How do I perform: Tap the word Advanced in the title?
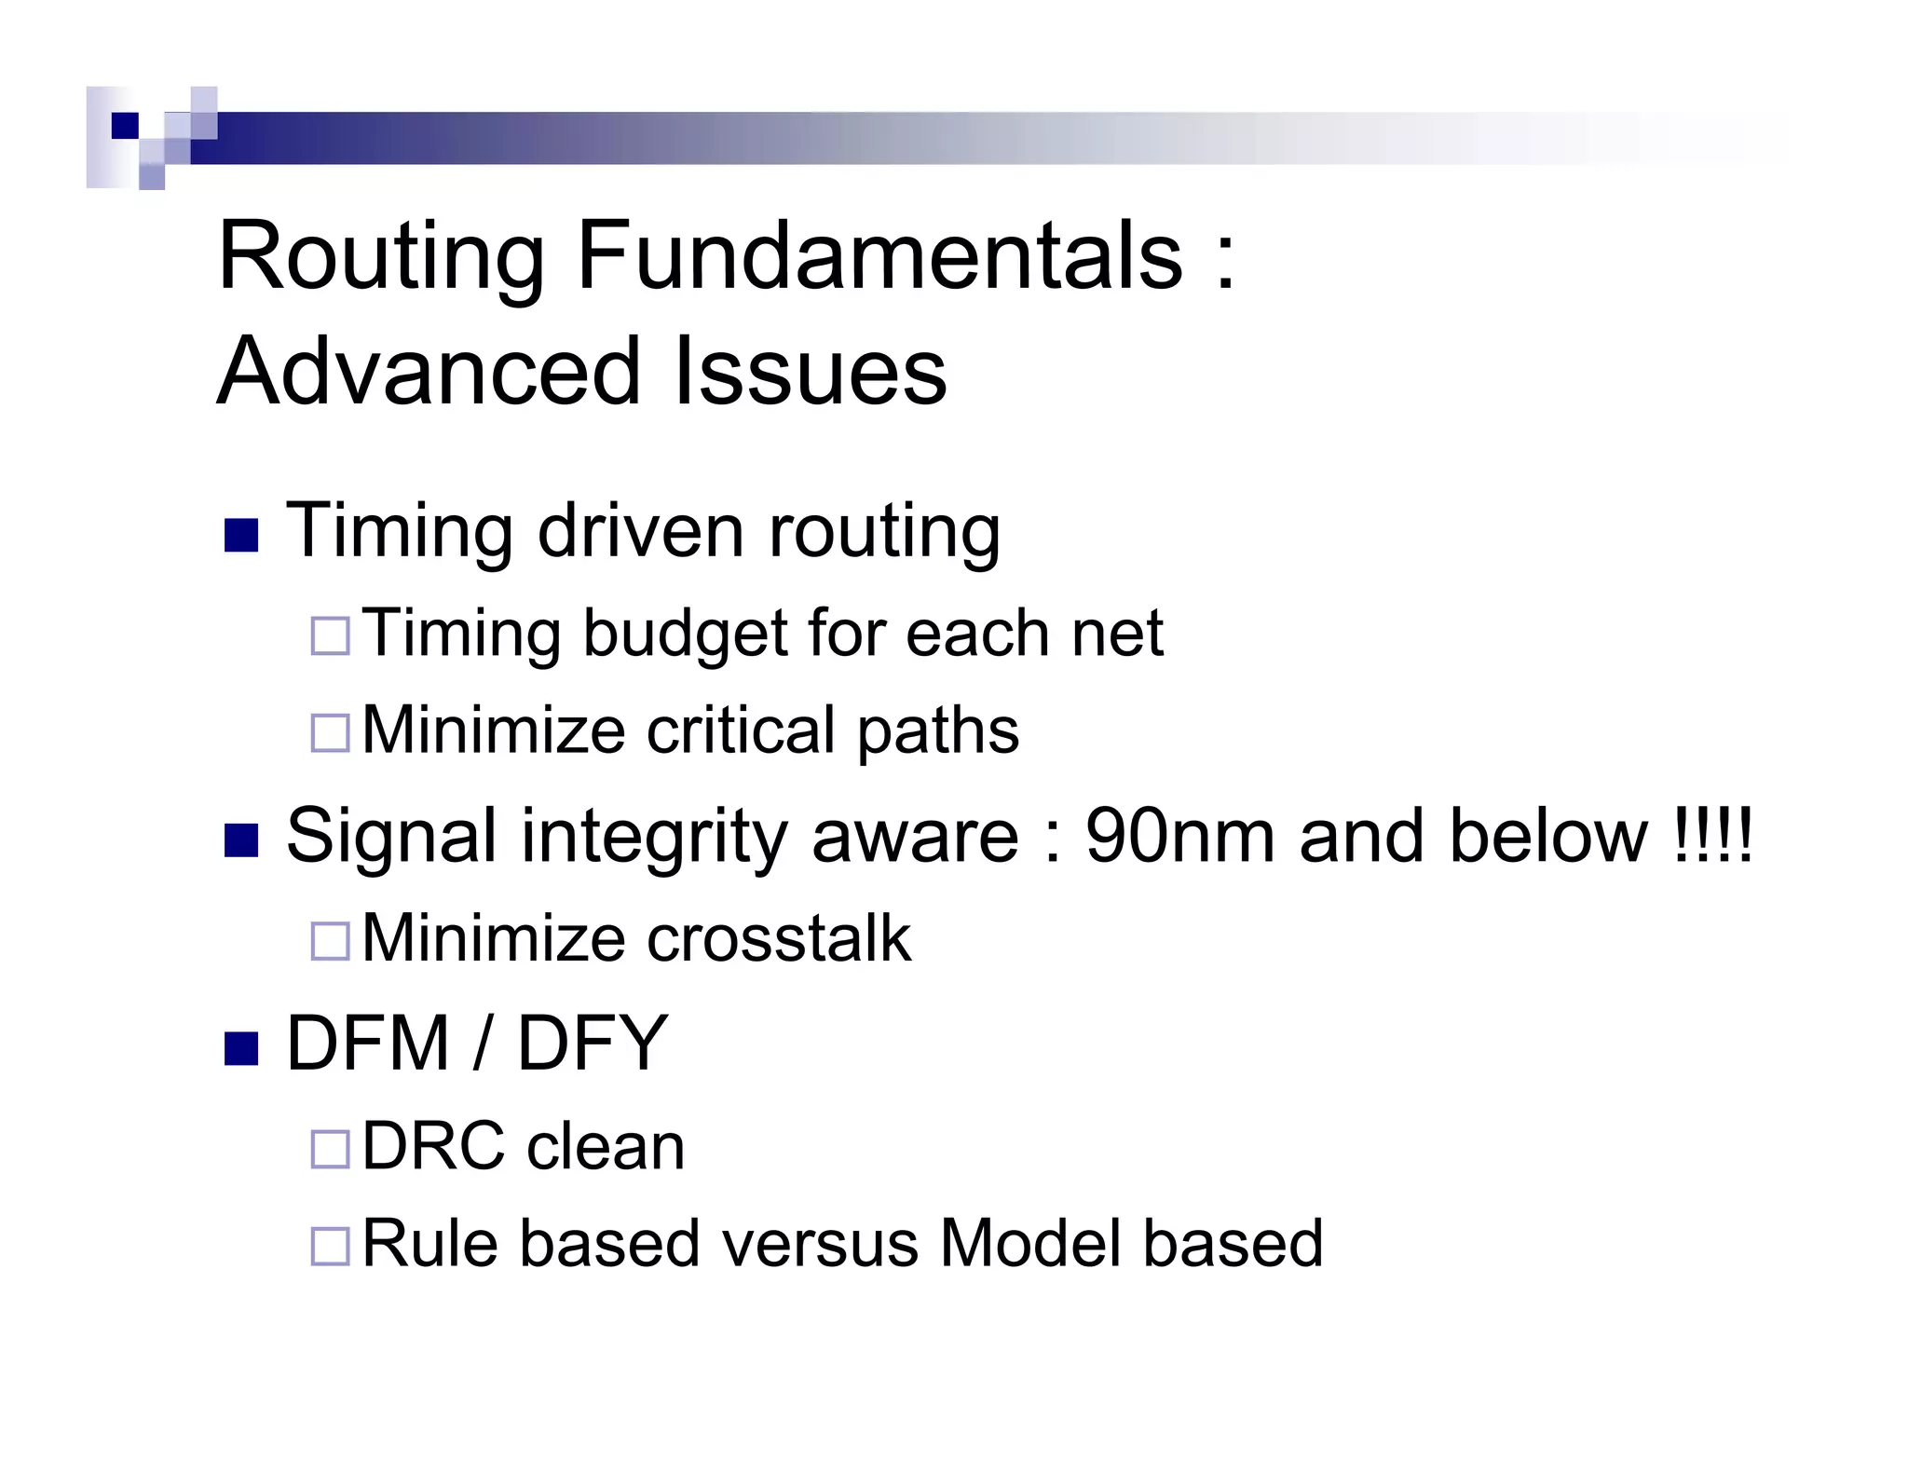coord(429,372)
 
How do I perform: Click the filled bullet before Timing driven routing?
coord(241,535)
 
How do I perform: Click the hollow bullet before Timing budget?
coord(330,635)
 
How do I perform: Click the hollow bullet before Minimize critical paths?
coord(330,732)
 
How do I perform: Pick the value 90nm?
coord(1179,836)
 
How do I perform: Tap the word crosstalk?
coord(779,938)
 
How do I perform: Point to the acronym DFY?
coord(593,1044)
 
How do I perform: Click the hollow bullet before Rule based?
coord(330,1245)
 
